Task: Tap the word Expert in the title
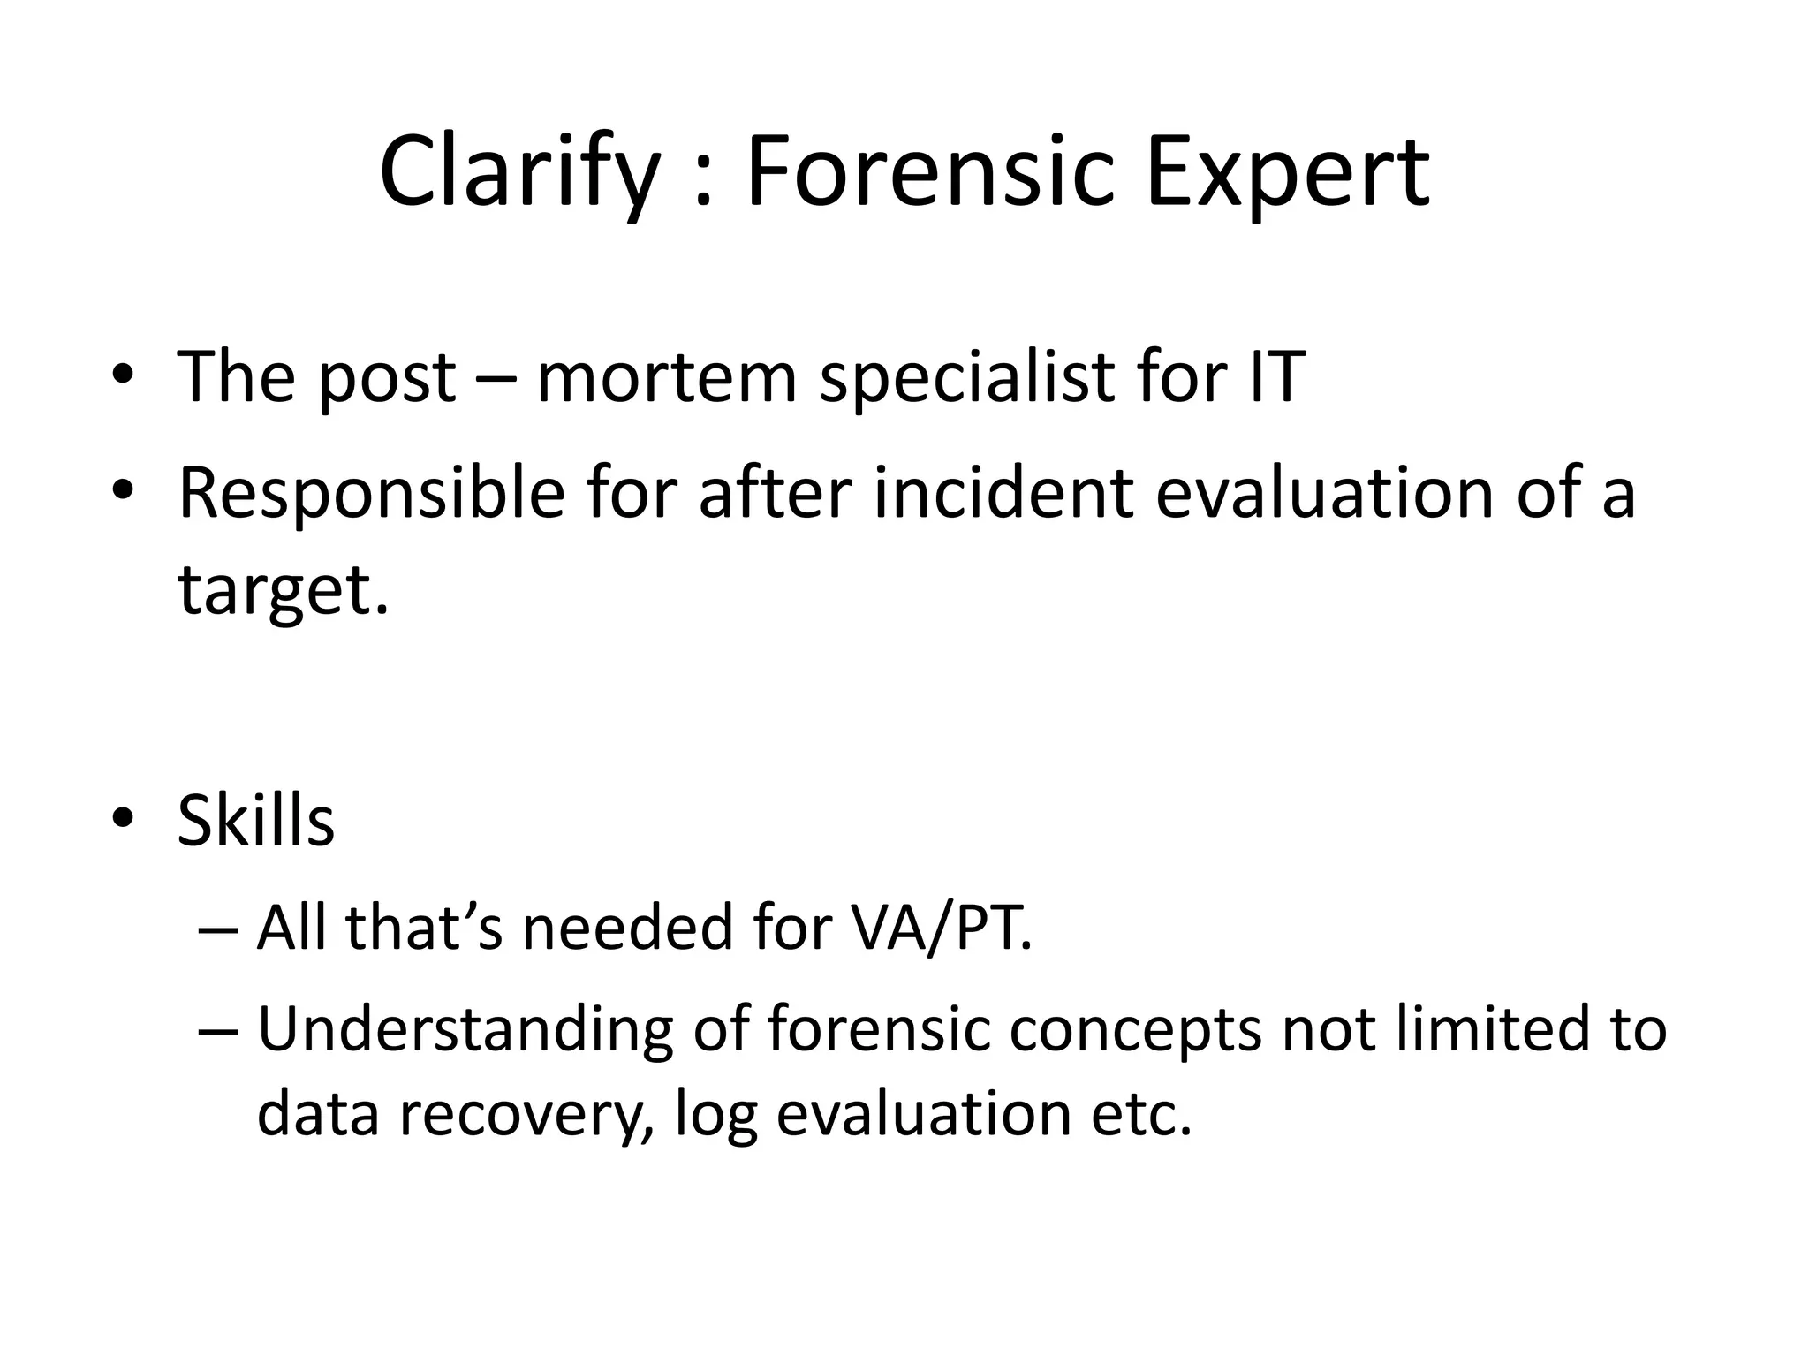(1287, 172)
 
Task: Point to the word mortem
(667, 377)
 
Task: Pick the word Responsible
(371, 493)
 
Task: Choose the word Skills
(255, 821)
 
